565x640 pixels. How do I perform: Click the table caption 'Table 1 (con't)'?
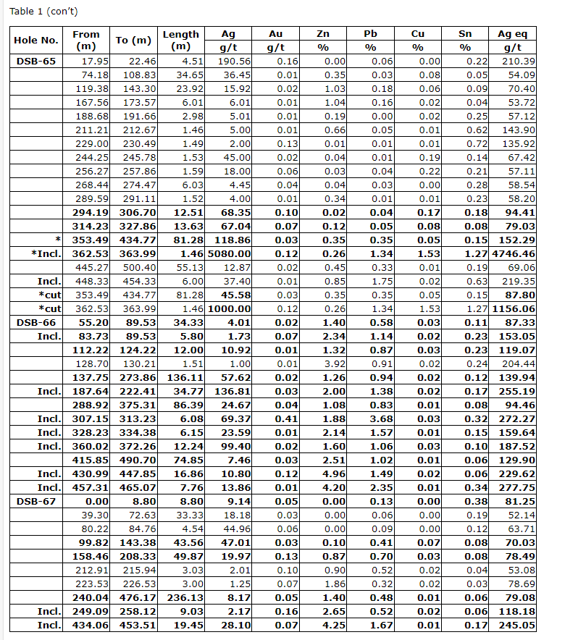(43, 11)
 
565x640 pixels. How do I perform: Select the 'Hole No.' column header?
(36, 41)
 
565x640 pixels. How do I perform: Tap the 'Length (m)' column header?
(180, 41)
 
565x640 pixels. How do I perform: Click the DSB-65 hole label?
(36, 62)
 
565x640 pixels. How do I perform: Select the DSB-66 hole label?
(36, 323)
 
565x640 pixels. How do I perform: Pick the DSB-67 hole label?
(36, 501)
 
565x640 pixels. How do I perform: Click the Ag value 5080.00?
(229, 254)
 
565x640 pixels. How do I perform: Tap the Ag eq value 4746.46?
(514, 254)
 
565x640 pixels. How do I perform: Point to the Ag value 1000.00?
(230, 309)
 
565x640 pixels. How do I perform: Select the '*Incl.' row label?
(45, 254)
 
